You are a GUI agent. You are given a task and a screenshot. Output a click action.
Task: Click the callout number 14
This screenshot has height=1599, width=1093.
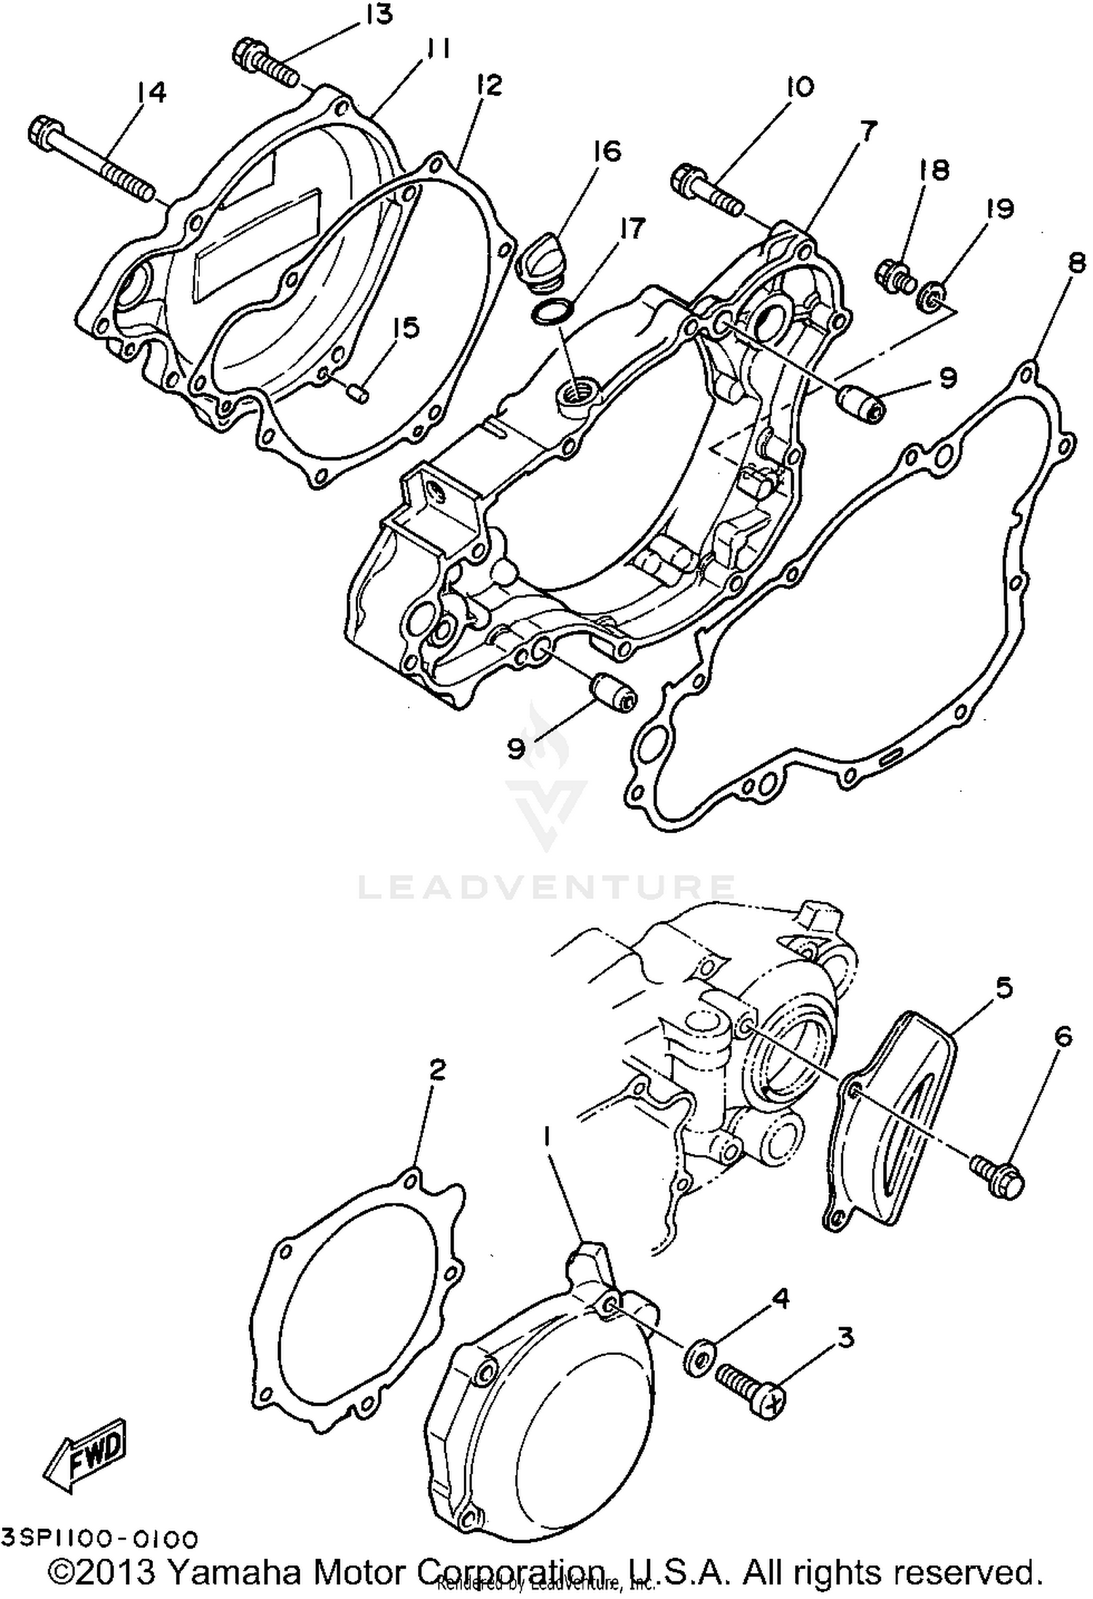point(152,93)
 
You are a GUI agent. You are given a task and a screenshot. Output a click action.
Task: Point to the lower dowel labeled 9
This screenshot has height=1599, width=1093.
point(612,690)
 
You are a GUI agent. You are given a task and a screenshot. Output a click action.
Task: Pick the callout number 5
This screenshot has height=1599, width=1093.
point(1003,989)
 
